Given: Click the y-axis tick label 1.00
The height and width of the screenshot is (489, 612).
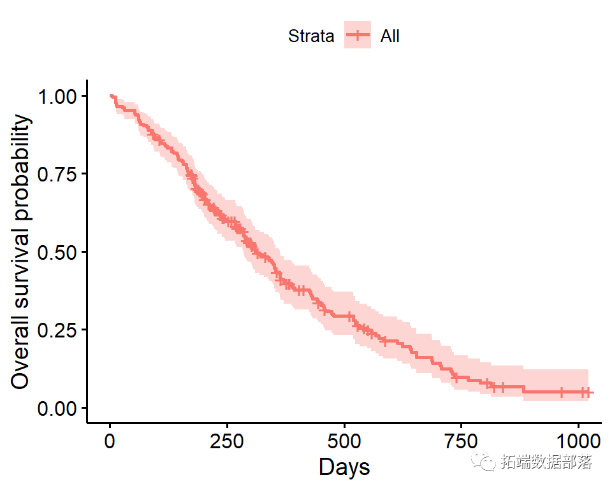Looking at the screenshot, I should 58,96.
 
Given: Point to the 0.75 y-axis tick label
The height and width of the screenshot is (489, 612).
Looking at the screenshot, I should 58,174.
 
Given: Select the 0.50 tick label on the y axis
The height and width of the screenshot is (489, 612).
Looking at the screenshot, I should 58,252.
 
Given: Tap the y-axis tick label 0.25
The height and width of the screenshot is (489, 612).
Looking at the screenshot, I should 58,330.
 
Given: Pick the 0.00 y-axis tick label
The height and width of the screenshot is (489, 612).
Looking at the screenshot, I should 58,408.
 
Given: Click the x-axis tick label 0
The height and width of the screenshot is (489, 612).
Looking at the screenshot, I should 110,441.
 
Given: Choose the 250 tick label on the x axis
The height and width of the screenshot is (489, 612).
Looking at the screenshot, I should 227,441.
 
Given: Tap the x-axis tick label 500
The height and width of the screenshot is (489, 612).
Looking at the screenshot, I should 344,441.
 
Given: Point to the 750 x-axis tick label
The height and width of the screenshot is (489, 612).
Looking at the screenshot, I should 461,441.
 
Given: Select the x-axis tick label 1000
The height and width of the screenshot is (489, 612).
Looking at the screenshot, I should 578,441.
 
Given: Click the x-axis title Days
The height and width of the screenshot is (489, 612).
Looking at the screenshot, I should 344,467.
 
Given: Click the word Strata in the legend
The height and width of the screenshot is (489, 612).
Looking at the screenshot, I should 311,36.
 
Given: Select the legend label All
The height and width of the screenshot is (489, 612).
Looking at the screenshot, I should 390,36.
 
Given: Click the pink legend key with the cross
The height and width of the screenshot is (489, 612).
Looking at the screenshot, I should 358,36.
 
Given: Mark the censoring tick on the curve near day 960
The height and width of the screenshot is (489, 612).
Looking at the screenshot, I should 562,392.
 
